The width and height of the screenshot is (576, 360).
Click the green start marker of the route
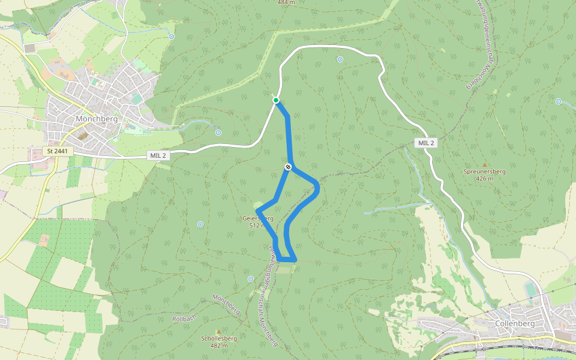[275, 100]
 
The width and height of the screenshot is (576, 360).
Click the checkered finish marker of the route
[288, 167]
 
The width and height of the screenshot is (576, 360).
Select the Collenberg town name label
[515, 323]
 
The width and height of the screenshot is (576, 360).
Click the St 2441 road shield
[58, 151]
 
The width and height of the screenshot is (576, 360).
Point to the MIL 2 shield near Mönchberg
[158, 155]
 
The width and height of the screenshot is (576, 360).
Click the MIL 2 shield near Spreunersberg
[425, 142]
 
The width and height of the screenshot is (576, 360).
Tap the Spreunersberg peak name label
[485, 172]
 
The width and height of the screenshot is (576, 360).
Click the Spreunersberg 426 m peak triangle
[485, 164]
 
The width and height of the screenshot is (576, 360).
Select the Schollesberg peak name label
[219, 338]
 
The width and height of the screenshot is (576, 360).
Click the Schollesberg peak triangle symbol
[219, 331]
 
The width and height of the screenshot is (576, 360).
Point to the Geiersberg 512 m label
[259, 221]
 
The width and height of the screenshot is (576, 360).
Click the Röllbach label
[184, 318]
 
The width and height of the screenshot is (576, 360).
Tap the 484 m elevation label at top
[287, 2]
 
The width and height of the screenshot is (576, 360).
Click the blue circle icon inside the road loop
[340, 59]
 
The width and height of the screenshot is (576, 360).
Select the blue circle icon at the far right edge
[559, 101]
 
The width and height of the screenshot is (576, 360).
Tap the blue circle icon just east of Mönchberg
[218, 133]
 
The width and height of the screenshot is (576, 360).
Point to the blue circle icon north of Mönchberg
[172, 37]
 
